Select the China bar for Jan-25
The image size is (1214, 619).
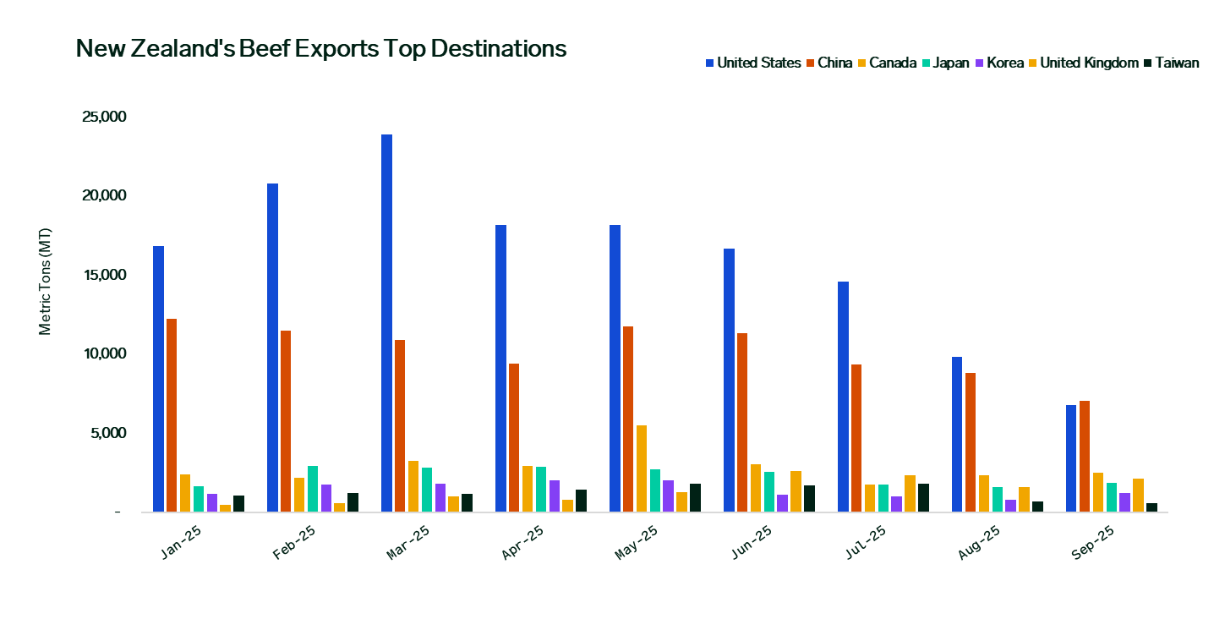[x=172, y=415]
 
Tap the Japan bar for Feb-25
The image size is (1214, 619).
[x=313, y=489]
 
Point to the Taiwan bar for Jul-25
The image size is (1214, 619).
[x=923, y=498]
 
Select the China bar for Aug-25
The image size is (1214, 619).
[x=971, y=442]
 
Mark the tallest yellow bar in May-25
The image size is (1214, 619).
[x=642, y=468]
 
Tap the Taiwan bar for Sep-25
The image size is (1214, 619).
[x=1151, y=507]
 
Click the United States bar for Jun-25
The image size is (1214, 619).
[x=729, y=381]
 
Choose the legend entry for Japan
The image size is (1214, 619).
[x=945, y=63]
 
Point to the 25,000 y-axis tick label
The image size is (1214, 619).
[x=104, y=117]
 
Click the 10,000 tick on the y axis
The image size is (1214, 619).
[x=104, y=354]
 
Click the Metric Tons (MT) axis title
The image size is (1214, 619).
[x=46, y=282]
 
